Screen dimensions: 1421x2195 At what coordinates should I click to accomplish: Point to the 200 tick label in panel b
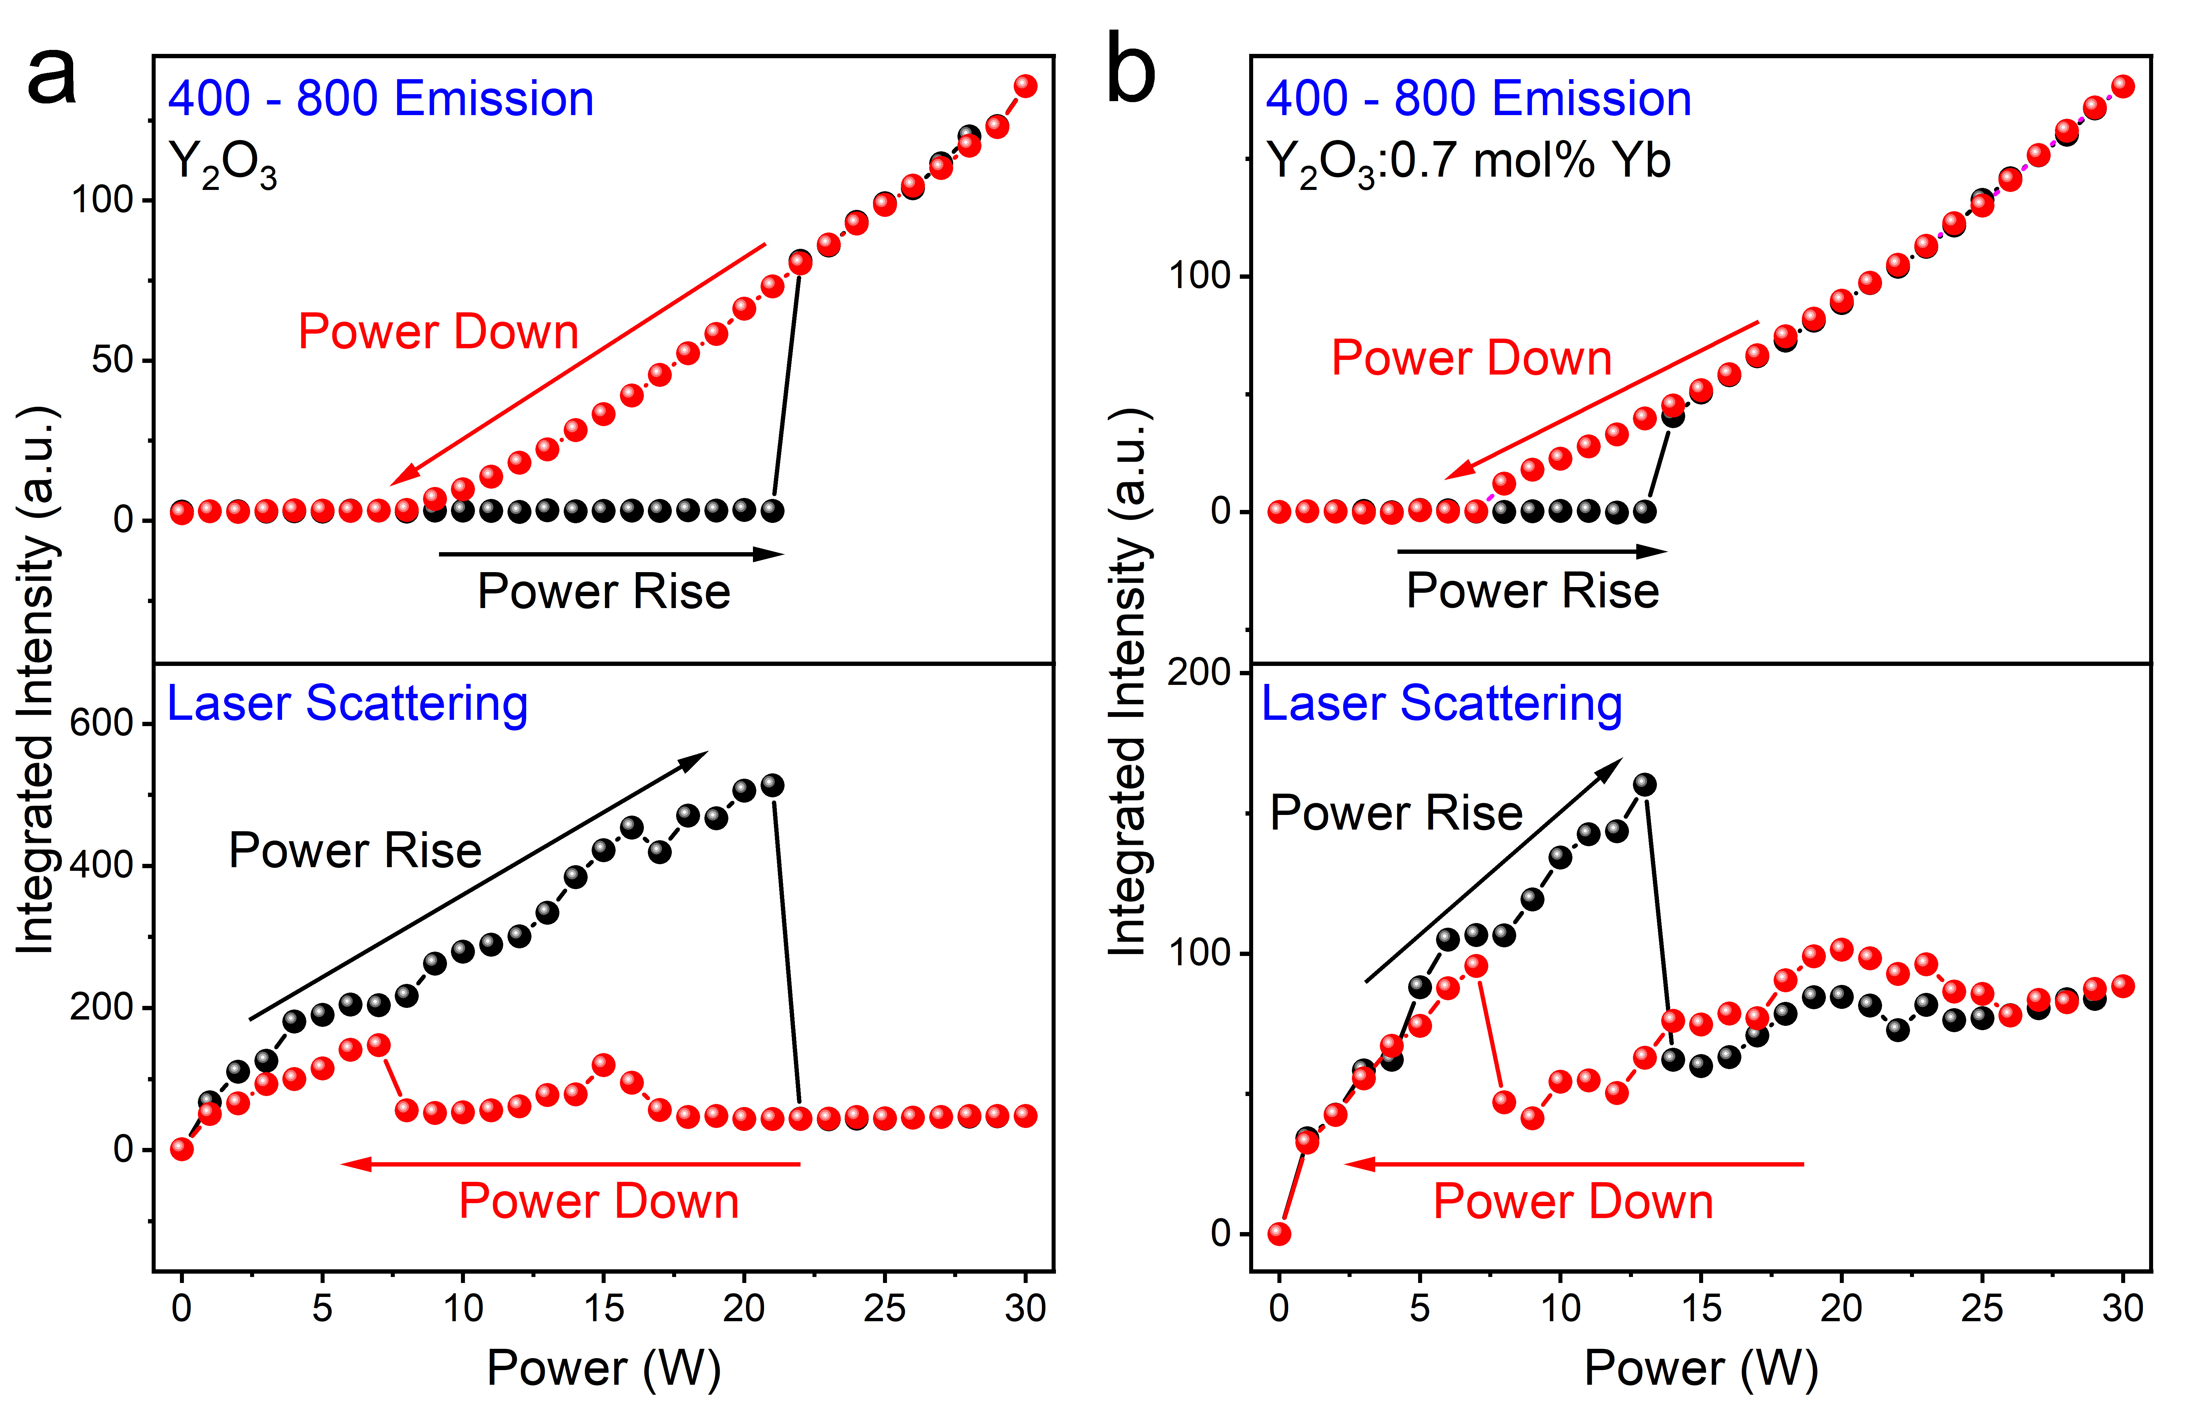point(1199,672)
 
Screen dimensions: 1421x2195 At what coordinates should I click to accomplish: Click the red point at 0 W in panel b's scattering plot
point(1279,1234)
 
